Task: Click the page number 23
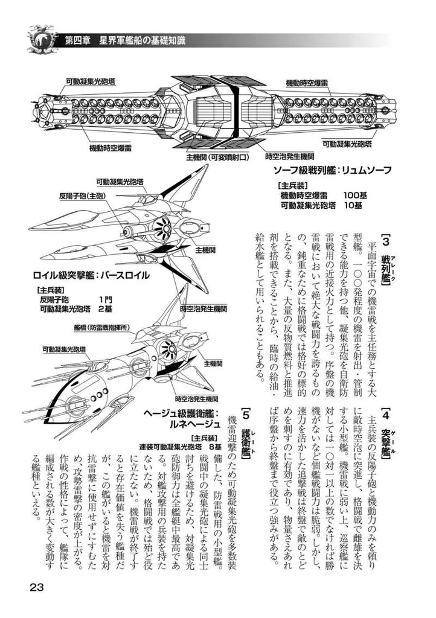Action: (x=36, y=588)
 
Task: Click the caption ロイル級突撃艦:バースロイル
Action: (x=91, y=275)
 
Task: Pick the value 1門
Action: (x=105, y=299)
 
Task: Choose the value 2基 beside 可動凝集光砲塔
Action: (x=105, y=309)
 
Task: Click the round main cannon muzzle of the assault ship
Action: (x=128, y=231)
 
